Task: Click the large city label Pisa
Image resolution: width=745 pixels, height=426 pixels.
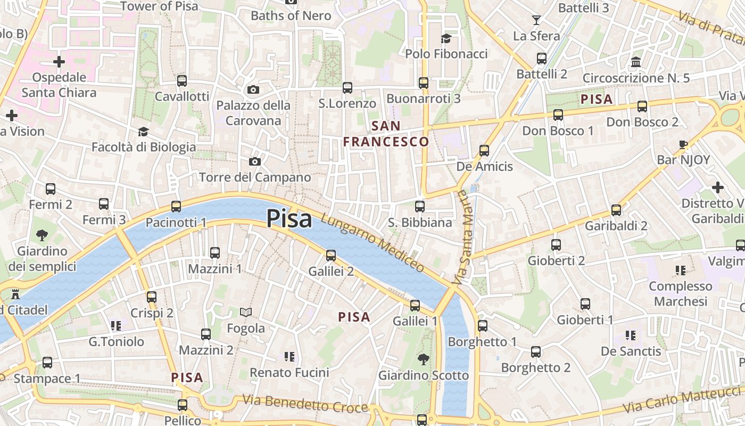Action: click(x=289, y=218)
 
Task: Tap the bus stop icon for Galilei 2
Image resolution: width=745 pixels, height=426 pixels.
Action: click(x=331, y=256)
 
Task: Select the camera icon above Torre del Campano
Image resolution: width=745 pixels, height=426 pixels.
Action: click(x=255, y=161)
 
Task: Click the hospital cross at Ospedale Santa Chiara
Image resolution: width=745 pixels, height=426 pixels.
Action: click(x=59, y=62)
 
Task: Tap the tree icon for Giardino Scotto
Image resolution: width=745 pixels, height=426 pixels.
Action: click(x=423, y=359)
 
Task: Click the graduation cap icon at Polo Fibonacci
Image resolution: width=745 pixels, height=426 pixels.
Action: click(x=446, y=38)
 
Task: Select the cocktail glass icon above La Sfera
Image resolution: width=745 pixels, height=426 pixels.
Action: click(x=536, y=20)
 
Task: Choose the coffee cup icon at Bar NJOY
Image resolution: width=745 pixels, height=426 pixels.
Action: click(x=683, y=144)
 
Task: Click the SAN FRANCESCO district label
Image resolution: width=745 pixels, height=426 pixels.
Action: click(x=386, y=134)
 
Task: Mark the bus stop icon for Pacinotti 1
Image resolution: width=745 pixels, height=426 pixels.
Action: click(x=176, y=207)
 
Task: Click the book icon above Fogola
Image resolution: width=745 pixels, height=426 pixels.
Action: click(x=245, y=312)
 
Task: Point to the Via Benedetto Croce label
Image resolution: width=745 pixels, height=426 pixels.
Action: click(x=305, y=403)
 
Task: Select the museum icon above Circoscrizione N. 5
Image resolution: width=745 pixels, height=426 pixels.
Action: click(x=636, y=62)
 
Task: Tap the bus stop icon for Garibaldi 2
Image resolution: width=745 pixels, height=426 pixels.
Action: click(x=616, y=210)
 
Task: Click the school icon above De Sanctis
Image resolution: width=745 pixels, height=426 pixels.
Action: click(x=631, y=335)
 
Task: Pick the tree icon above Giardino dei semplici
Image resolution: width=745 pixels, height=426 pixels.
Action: click(x=42, y=235)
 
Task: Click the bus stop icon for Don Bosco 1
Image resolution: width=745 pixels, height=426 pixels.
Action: click(x=558, y=115)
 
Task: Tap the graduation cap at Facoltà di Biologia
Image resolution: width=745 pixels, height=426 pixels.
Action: click(x=143, y=132)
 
